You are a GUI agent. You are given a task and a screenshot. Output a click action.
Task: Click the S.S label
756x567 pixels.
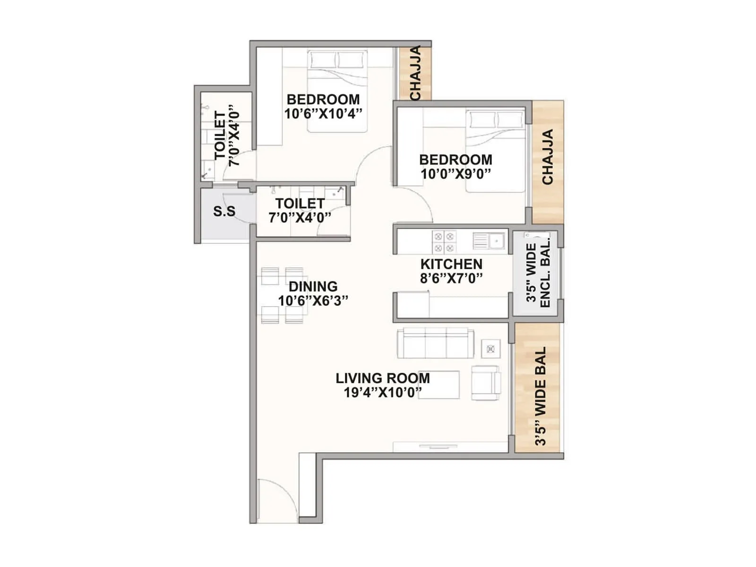coord(224,211)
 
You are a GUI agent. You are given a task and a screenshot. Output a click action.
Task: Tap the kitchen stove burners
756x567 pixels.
coord(444,241)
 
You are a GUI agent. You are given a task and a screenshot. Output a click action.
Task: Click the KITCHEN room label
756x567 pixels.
coord(451,264)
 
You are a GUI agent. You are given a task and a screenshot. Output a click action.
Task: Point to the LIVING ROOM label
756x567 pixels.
coord(383,378)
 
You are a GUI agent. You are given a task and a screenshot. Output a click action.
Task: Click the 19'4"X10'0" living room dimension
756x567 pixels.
coord(383,393)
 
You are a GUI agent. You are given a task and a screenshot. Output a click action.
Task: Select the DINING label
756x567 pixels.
coord(313,287)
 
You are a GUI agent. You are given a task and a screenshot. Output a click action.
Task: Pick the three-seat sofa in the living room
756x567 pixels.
coord(436,344)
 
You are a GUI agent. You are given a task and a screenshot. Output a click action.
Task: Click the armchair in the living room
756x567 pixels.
coord(486,383)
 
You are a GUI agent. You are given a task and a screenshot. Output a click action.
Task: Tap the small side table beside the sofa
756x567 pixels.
coord(490,349)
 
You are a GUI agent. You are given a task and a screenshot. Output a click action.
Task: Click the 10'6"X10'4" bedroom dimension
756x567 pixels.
coord(323,114)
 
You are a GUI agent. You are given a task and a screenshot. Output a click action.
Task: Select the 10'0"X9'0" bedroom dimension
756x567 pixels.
coord(455,174)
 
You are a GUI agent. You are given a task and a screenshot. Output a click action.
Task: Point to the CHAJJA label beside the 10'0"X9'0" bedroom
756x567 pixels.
coord(548,157)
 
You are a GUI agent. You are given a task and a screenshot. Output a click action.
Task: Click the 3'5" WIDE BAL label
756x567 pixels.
coord(540,396)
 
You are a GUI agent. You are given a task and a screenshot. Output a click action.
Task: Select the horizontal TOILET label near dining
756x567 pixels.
coord(300,204)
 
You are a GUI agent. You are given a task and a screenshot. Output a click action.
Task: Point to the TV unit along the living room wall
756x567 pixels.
coord(450,447)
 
